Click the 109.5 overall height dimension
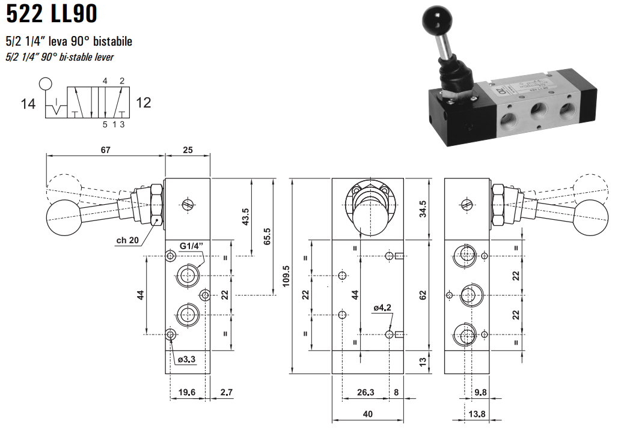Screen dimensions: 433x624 pos(287,276)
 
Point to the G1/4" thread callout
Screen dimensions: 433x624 pos(192,246)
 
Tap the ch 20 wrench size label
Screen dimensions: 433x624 pos(127,240)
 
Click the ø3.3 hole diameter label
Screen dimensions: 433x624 pos(188,359)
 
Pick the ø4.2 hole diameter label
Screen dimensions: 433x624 pos(382,308)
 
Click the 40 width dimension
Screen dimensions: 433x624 pos(367,414)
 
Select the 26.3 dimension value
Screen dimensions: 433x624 pos(365,393)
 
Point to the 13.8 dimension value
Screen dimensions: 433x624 pos(477,414)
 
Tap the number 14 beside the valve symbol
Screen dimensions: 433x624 pos(28,104)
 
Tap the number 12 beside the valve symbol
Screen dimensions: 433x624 pos(143,103)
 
